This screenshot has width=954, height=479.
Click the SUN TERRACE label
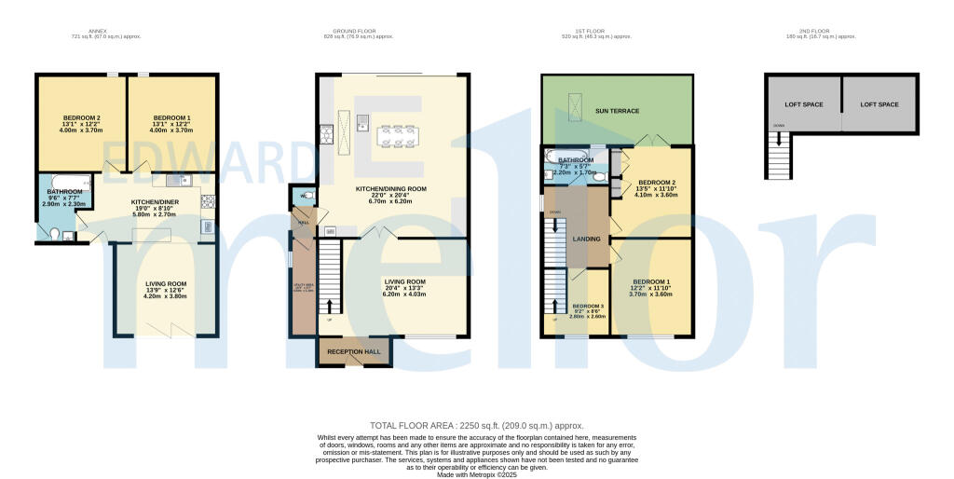tap(617, 111)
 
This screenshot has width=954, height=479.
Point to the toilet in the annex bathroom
tap(55, 233)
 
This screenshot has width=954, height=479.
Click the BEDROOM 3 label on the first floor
tap(588, 307)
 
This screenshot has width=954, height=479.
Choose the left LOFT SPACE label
tap(803, 104)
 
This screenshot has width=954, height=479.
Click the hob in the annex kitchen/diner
tap(207, 200)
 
